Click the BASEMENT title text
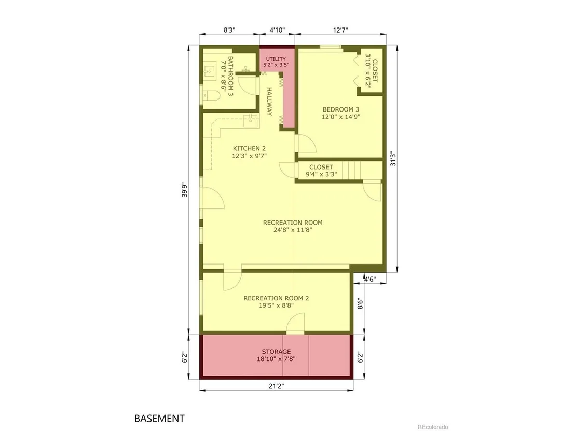pyautogui.click(x=159, y=418)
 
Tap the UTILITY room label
pyautogui.click(x=276, y=59)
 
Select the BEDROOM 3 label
pyautogui.click(x=340, y=109)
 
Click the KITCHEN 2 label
pyautogui.click(x=249, y=148)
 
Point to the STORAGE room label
pyautogui.click(x=276, y=352)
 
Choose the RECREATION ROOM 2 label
pyautogui.click(x=276, y=298)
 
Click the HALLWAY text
pyautogui.click(x=269, y=102)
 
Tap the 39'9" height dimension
pyautogui.click(x=184, y=190)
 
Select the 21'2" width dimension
pyautogui.click(x=276, y=386)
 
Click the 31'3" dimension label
pyautogui.click(x=393, y=159)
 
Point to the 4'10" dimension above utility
pyautogui.click(x=277, y=30)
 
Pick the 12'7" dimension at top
pyautogui.click(x=340, y=30)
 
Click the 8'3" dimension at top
pyautogui.click(x=229, y=30)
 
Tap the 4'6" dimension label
pyautogui.click(x=369, y=279)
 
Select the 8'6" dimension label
pyautogui.click(x=360, y=303)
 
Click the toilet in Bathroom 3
pyautogui.click(x=211, y=96)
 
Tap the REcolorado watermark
pyautogui.click(x=433, y=427)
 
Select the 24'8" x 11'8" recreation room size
pyautogui.click(x=293, y=230)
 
